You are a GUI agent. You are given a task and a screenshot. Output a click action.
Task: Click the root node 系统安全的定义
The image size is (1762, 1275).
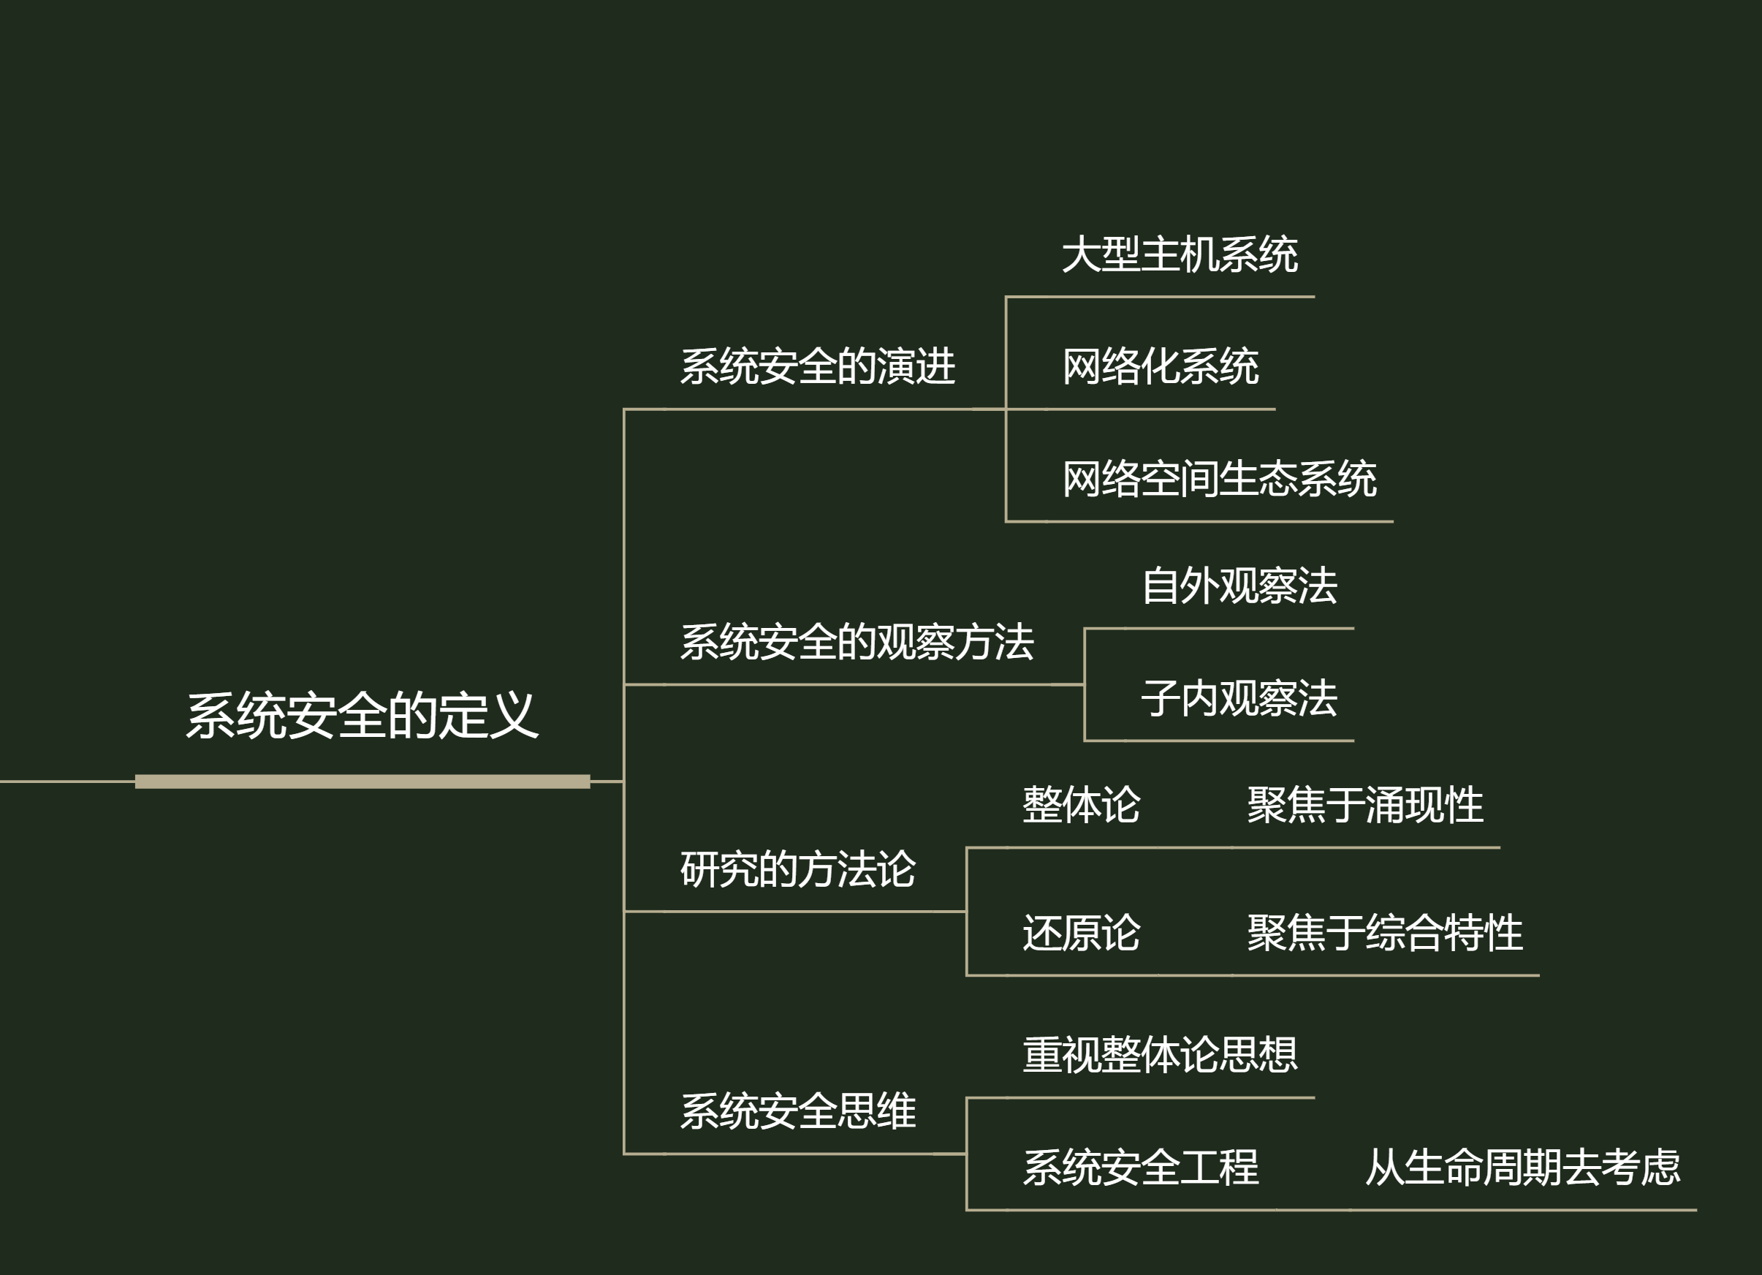coord(362,716)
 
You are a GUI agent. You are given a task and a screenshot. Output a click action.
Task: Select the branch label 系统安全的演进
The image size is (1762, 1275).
coord(817,366)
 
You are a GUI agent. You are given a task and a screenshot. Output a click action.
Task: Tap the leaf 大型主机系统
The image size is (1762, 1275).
coord(1180,254)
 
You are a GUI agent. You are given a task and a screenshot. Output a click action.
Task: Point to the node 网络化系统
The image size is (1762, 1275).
coord(1160,366)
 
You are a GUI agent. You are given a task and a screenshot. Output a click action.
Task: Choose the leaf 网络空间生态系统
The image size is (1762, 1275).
coord(1219,479)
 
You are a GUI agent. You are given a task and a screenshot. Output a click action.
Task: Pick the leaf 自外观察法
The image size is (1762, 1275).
coord(1239,585)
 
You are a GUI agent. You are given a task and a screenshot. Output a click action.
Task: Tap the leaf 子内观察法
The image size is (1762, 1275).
coord(1239,697)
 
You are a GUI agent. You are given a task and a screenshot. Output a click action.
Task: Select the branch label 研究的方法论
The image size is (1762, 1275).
coord(798,869)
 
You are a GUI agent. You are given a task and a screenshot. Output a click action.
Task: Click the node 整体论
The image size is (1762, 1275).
coord(1081,804)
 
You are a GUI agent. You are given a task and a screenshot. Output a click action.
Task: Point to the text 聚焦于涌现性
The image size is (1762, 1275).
coord(1365,804)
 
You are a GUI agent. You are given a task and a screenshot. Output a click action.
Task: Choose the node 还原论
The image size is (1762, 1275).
coord(1081,932)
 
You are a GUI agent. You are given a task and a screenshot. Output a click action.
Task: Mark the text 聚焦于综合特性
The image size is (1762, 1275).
coord(1384,932)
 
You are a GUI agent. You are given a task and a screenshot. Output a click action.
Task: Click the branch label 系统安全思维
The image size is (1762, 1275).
coord(798,1111)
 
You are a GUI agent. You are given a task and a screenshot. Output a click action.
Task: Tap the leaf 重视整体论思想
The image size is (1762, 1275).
coord(1160,1054)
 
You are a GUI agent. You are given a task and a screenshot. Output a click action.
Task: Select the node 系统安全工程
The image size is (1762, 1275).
coord(1141,1167)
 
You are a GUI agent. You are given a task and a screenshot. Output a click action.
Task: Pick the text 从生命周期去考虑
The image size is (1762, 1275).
coord(1523,1167)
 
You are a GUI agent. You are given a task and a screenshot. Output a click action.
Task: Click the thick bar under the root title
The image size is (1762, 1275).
coord(362,782)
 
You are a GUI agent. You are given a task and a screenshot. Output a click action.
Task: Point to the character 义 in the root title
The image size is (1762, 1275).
coord(514,716)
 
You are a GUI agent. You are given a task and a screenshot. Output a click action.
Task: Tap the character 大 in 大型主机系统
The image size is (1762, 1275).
coord(1082,254)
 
